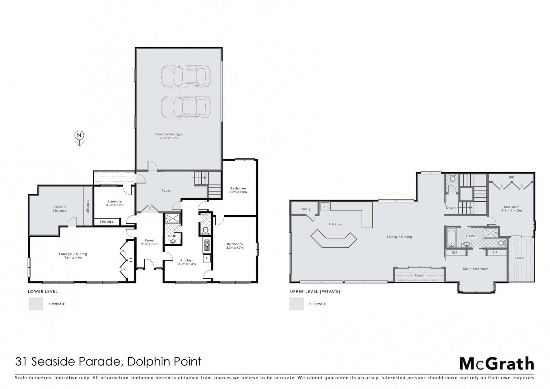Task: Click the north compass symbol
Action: click(x=79, y=138)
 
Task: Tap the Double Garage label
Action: click(x=169, y=134)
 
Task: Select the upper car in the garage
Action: click(x=186, y=76)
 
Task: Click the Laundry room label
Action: click(x=115, y=201)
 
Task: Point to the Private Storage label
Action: click(x=60, y=209)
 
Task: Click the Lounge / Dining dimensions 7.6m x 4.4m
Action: click(x=73, y=258)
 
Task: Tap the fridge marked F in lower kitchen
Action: click(x=207, y=258)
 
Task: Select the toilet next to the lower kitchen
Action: click(x=205, y=230)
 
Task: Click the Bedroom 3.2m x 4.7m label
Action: click(x=235, y=246)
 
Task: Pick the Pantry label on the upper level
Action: click(x=305, y=209)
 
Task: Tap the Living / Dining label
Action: click(x=399, y=237)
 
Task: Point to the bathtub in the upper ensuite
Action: click(x=451, y=237)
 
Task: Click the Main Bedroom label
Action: click(x=476, y=269)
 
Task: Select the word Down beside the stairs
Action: click(x=451, y=208)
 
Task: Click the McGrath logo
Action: click(x=497, y=364)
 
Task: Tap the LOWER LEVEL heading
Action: click(x=43, y=292)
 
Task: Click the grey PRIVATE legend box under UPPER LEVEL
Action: click(x=296, y=304)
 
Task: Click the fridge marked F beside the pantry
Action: click(x=325, y=207)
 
